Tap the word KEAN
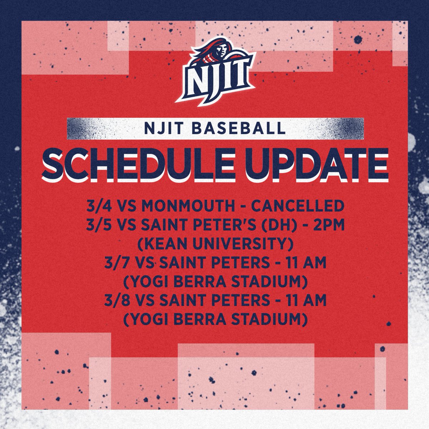164,245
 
